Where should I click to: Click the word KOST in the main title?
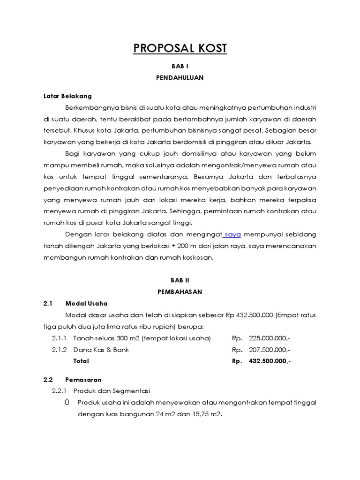coord(204,48)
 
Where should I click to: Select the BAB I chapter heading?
coord(180,67)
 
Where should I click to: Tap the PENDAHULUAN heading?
coord(180,78)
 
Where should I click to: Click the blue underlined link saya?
coord(232,234)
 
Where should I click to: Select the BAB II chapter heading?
coord(180,280)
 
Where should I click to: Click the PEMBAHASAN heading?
coord(180,292)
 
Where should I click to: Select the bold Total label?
coord(81,361)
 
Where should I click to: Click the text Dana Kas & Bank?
coord(101,350)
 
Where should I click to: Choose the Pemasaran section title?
coord(84,379)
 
